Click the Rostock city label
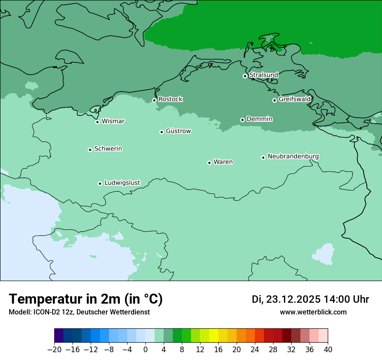pyautogui.click(x=170, y=99)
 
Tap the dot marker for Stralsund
pyautogui.click(x=245, y=76)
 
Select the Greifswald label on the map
pyautogui.click(x=294, y=99)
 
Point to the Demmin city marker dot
pyautogui.click(x=242, y=120)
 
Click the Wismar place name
pyautogui.click(x=113, y=121)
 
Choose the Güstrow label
pyautogui.click(x=178, y=131)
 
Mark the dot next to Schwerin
pyautogui.click(x=90, y=150)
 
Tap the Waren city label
pyautogui.click(x=223, y=162)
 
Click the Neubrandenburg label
pyautogui.click(x=293, y=156)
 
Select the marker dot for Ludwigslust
pyautogui.click(x=100, y=183)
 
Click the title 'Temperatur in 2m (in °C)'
pyautogui.click(x=86, y=299)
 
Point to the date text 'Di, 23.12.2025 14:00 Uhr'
pyautogui.click(x=310, y=299)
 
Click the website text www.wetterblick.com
pyautogui.click(x=313, y=312)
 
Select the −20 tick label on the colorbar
pyautogui.click(x=55, y=350)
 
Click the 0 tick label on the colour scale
pyautogui.click(x=145, y=350)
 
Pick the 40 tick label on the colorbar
pyautogui.click(x=328, y=350)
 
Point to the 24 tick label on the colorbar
pyautogui.click(x=255, y=350)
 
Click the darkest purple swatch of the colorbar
pyautogui.click(x=59, y=336)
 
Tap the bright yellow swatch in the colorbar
pyautogui.click(x=214, y=336)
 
